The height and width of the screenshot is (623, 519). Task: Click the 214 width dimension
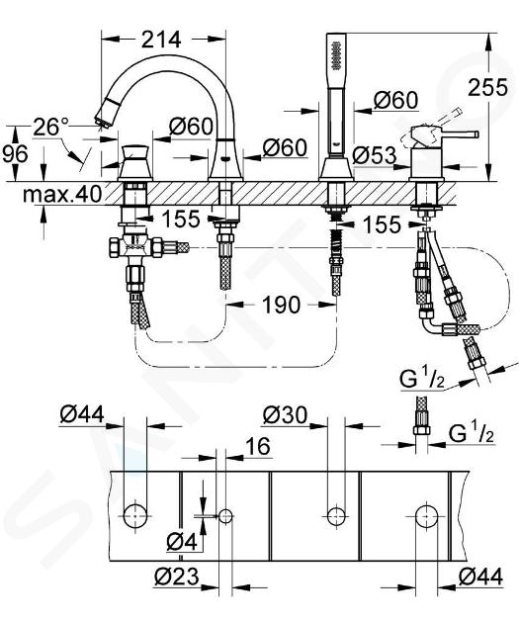pyautogui.click(x=161, y=40)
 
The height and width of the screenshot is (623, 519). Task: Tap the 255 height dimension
pyautogui.click(x=487, y=87)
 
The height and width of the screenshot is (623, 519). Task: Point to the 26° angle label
pyautogui.click(x=51, y=127)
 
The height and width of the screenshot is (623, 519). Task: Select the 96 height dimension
pyautogui.click(x=15, y=153)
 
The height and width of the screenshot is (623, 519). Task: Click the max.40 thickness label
pyautogui.click(x=62, y=194)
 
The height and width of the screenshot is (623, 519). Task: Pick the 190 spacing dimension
pyautogui.click(x=281, y=306)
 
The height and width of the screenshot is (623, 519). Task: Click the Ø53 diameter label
pyautogui.click(x=375, y=155)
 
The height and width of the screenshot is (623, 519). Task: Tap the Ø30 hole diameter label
pyautogui.click(x=285, y=415)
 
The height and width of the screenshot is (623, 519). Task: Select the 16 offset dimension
pyautogui.click(x=258, y=446)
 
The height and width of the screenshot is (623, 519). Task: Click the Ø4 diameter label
pyautogui.click(x=182, y=542)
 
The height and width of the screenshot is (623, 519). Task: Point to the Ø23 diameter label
pyautogui.click(x=177, y=577)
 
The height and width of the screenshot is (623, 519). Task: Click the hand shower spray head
pyautogui.click(x=336, y=55)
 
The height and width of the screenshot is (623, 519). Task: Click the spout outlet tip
pyautogui.click(x=104, y=119)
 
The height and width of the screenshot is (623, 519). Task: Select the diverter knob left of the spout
pyautogui.click(x=135, y=163)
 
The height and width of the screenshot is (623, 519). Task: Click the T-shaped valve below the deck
pyautogui.click(x=135, y=247)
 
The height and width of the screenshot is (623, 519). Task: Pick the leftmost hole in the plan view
pyautogui.click(x=135, y=516)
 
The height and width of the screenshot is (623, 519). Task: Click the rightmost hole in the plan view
pyautogui.click(x=427, y=516)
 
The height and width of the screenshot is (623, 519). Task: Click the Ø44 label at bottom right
pyautogui.click(x=480, y=577)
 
